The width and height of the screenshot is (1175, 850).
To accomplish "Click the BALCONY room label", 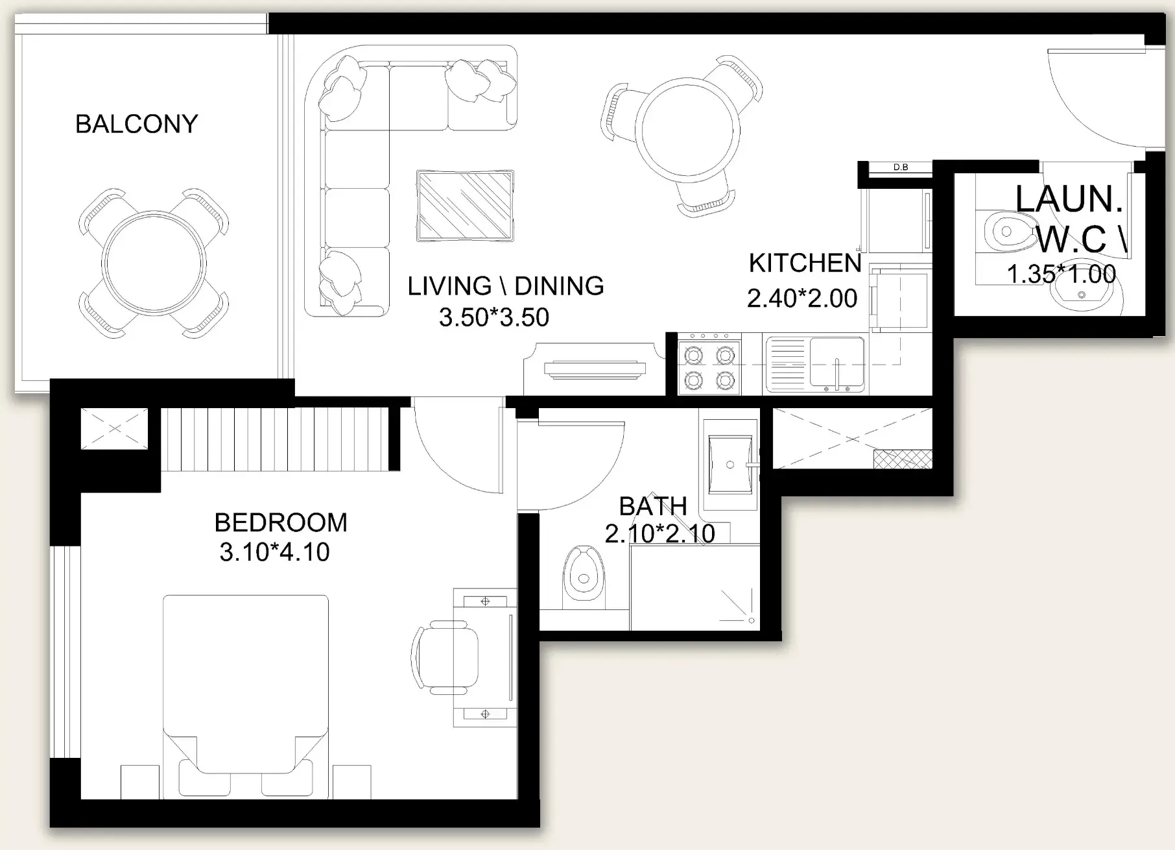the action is click(x=137, y=124).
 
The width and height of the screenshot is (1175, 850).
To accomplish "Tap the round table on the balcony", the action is click(x=154, y=263).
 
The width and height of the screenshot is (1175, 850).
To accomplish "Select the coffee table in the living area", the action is click(x=465, y=206).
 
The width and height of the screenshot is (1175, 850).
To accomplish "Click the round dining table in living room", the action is click(x=687, y=130).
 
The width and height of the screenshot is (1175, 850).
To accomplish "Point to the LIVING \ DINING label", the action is click(x=506, y=286).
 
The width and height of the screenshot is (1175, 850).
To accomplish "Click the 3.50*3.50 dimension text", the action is click(x=494, y=317).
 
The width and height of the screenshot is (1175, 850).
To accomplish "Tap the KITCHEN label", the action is click(x=805, y=263).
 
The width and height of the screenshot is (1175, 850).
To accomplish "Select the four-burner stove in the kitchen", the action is click(x=710, y=365).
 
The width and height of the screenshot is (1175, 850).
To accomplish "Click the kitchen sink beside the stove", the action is click(x=815, y=364).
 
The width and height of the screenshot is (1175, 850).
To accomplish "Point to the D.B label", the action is click(x=901, y=167).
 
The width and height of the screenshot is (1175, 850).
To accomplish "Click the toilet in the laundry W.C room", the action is click(x=1008, y=232).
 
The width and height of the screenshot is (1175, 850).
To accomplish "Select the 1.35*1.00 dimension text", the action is click(x=1062, y=274).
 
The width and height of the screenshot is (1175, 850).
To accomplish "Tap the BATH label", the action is click(x=653, y=506).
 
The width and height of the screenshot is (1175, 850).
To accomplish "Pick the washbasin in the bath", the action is click(x=731, y=465).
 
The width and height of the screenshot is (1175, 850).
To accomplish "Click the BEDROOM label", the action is click(x=281, y=522).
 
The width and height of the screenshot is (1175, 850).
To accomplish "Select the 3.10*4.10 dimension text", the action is click(x=274, y=552).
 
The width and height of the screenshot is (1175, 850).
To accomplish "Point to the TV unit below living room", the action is click(x=595, y=369).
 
